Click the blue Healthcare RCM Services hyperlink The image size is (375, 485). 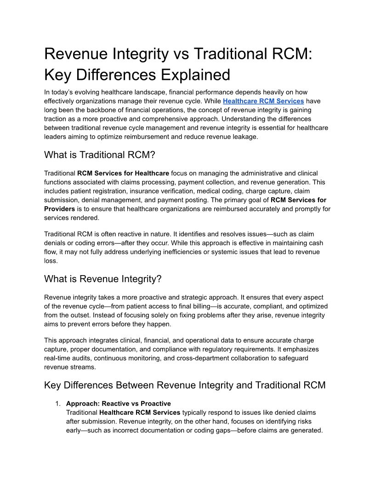[x=263, y=101]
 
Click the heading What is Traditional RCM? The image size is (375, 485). [x=100, y=155]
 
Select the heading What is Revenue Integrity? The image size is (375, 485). [x=103, y=279]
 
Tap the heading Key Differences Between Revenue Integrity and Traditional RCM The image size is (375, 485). [x=185, y=385]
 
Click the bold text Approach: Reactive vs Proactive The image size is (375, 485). [x=119, y=404]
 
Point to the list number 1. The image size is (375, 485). [x=57, y=404]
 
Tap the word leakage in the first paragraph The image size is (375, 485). [x=244, y=137]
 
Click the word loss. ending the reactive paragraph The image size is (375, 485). [x=51, y=260]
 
